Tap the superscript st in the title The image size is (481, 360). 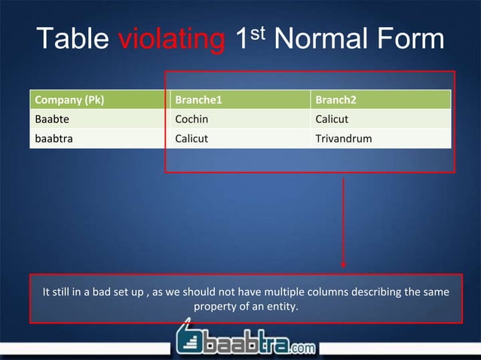pyautogui.click(x=259, y=32)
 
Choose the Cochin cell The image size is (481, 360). pyautogui.click(x=191, y=119)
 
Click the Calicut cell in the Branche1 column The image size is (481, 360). pyautogui.click(x=192, y=139)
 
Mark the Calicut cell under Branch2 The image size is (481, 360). pyautogui.click(x=332, y=119)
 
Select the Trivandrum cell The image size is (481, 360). pyautogui.click(x=343, y=139)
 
